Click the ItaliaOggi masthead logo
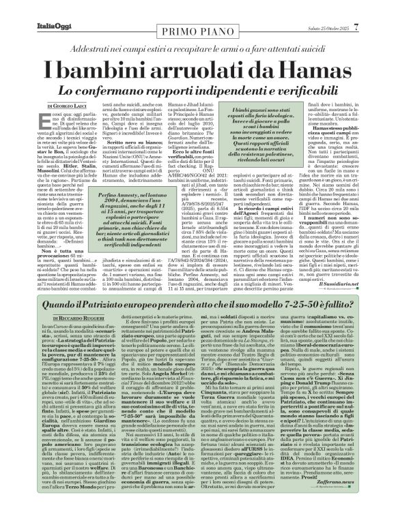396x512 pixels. (35, 9)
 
